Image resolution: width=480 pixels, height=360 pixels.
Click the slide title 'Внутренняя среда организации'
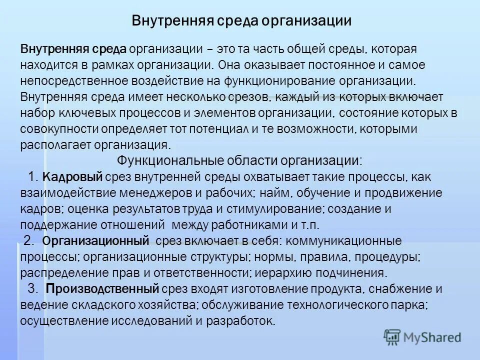click(241, 21)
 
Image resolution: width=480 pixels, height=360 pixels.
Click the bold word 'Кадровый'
click(73, 176)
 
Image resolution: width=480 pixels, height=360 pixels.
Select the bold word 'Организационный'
click(96, 241)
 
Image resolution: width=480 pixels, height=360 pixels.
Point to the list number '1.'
click(33, 176)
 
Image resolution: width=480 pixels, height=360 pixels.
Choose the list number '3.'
click(33, 288)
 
